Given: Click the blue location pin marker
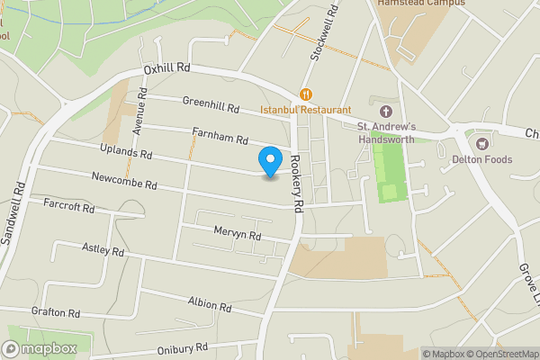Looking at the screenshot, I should [x=269, y=161].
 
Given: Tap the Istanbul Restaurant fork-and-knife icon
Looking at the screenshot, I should [x=306, y=94].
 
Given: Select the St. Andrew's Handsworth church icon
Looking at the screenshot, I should [x=386, y=111].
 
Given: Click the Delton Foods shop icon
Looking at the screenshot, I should [x=481, y=143].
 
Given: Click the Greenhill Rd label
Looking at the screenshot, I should [x=211, y=106].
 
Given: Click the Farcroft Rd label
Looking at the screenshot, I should [x=69, y=206].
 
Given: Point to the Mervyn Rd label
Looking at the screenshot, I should [x=237, y=234].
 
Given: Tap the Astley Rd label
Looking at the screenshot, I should [x=102, y=247].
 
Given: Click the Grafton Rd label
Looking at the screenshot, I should [x=56, y=312].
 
